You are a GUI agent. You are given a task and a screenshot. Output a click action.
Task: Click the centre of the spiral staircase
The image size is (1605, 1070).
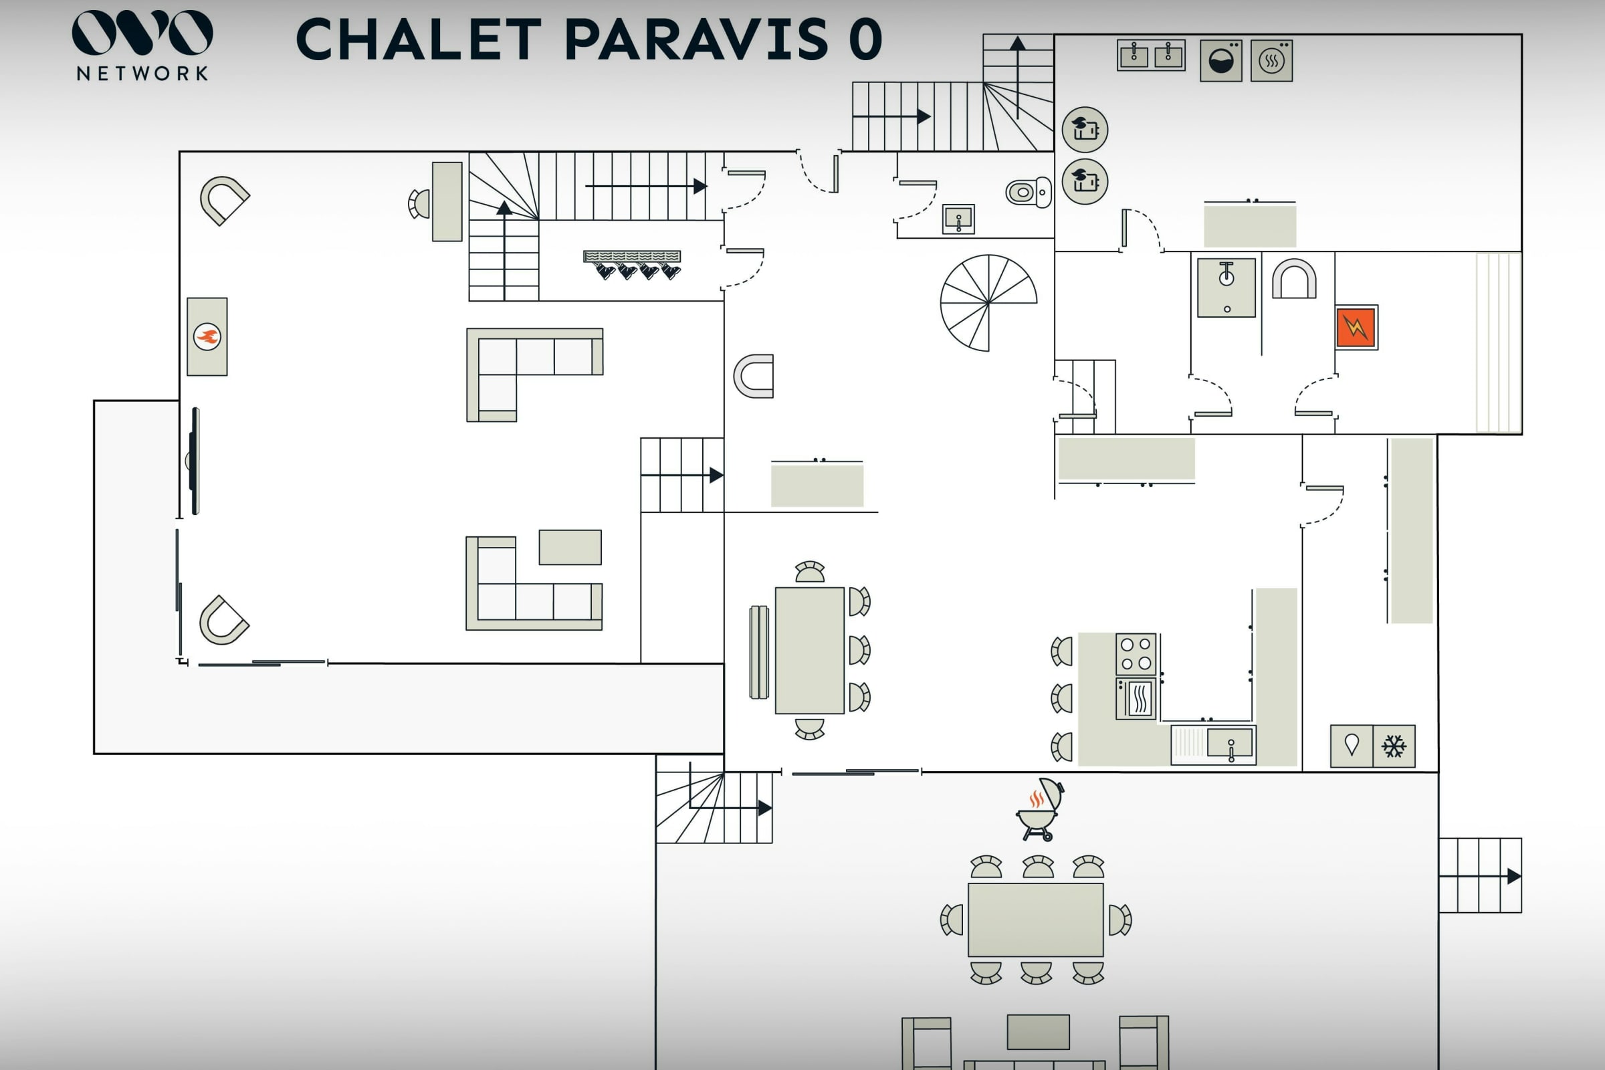[x=988, y=302]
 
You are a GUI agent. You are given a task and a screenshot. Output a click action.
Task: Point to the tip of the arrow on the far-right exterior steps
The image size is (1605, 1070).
[x=1521, y=876]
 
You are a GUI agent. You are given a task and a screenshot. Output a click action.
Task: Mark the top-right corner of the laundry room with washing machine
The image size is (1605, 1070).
[x=1522, y=35]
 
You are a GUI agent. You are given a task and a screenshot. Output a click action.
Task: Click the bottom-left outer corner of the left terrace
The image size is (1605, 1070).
[x=94, y=754]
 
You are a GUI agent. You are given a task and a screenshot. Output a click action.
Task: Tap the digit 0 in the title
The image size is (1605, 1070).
[x=865, y=39]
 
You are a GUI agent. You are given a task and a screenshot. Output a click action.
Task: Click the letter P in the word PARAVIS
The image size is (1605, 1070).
[x=583, y=39]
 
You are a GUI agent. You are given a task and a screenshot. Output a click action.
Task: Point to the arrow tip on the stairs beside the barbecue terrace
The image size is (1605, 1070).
[x=772, y=808]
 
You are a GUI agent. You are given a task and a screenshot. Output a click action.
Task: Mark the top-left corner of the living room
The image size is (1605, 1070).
[x=180, y=152]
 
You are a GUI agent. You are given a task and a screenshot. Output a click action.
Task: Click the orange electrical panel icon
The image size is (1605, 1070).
[x=1357, y=328]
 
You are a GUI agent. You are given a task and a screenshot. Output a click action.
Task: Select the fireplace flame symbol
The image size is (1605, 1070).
[x=207, y=336]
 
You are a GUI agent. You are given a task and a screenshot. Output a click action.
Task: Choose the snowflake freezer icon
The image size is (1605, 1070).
[x=1394, y=746]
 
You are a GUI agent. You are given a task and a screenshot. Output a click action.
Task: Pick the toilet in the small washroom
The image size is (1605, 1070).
[x=1029, y=193]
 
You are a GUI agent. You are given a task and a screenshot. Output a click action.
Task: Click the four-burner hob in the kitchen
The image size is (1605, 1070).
[x=1136, y=654]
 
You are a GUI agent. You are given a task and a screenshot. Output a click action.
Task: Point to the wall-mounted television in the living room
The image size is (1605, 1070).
[x=195, y=461]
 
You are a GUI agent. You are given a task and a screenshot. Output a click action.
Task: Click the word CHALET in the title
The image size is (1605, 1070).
[x=419, y=39]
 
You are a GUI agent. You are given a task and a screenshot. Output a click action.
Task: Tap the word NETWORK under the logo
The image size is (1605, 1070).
[x=142, y=74]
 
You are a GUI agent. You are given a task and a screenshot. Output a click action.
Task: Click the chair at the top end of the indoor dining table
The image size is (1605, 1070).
[x=810, y=572]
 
